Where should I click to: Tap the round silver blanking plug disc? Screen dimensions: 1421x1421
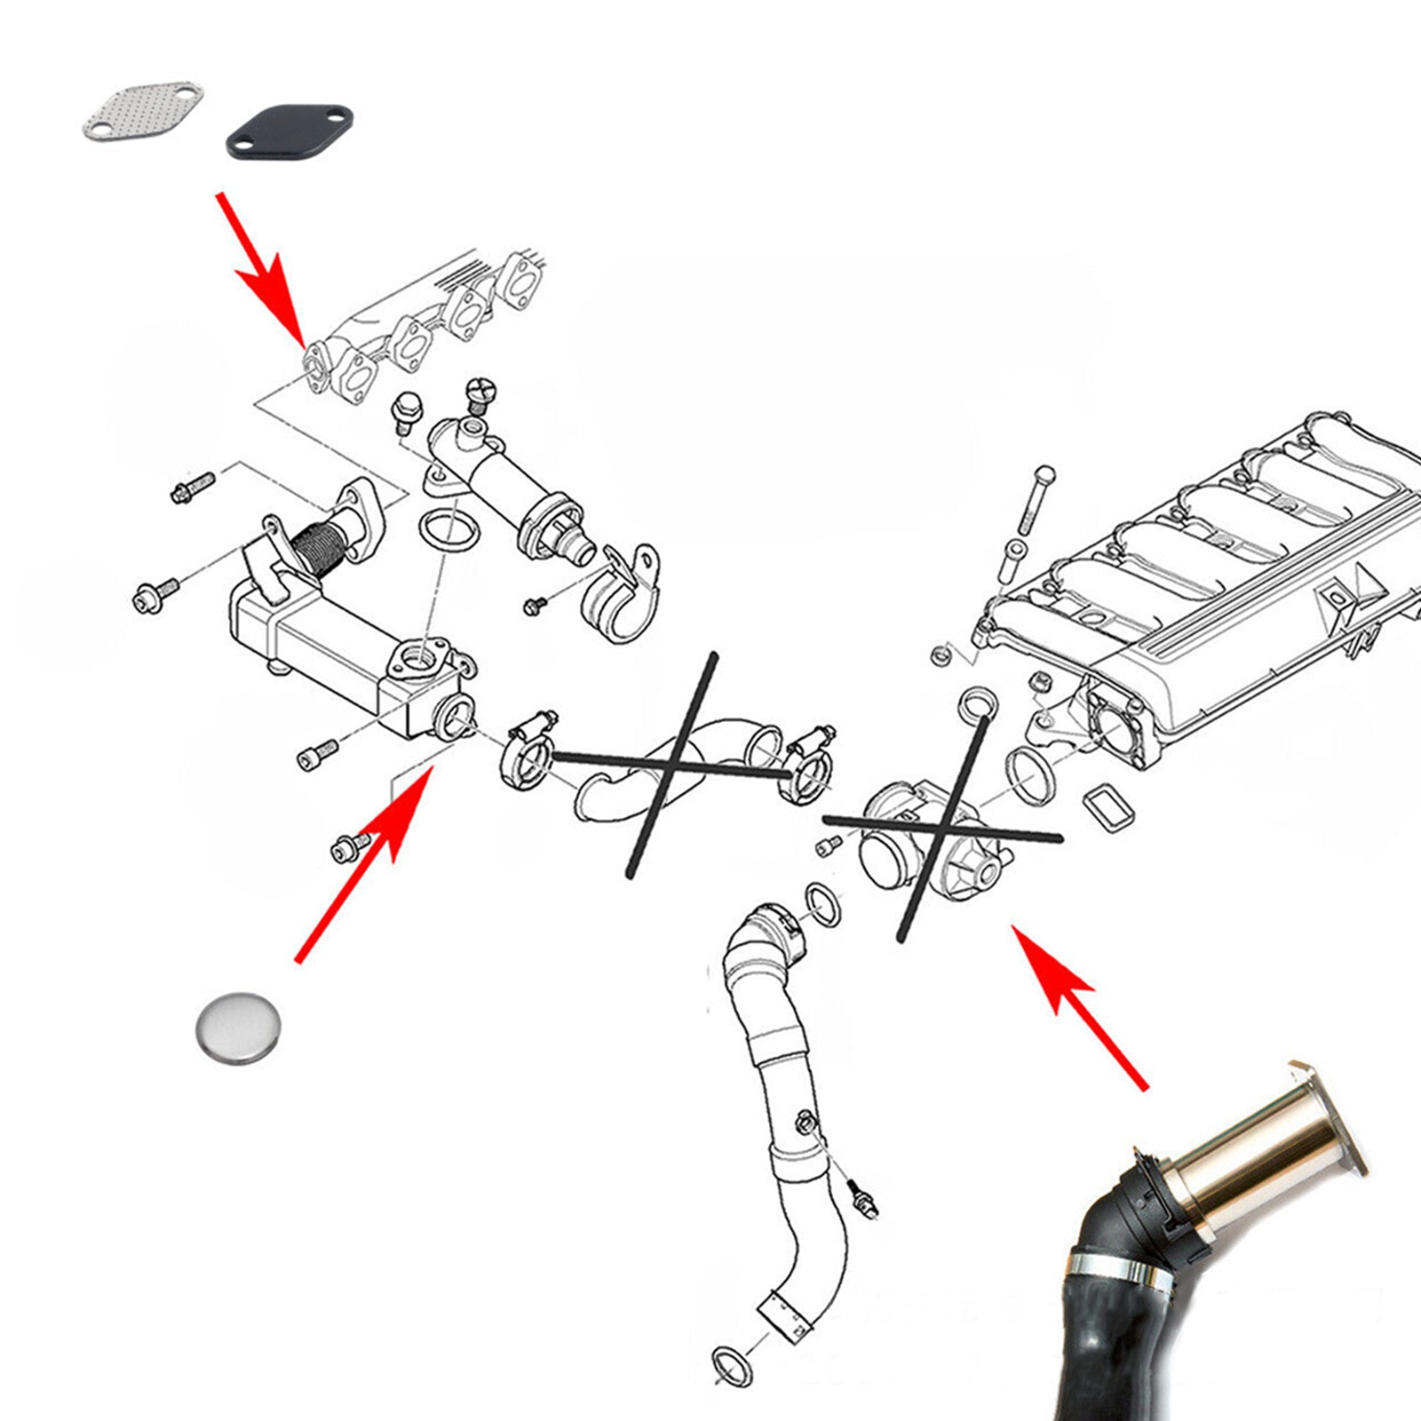(x=238, y=1025)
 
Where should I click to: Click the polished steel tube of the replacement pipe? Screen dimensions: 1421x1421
(x=1261, y=1146)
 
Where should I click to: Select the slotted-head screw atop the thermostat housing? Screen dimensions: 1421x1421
(x=480, y=393)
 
